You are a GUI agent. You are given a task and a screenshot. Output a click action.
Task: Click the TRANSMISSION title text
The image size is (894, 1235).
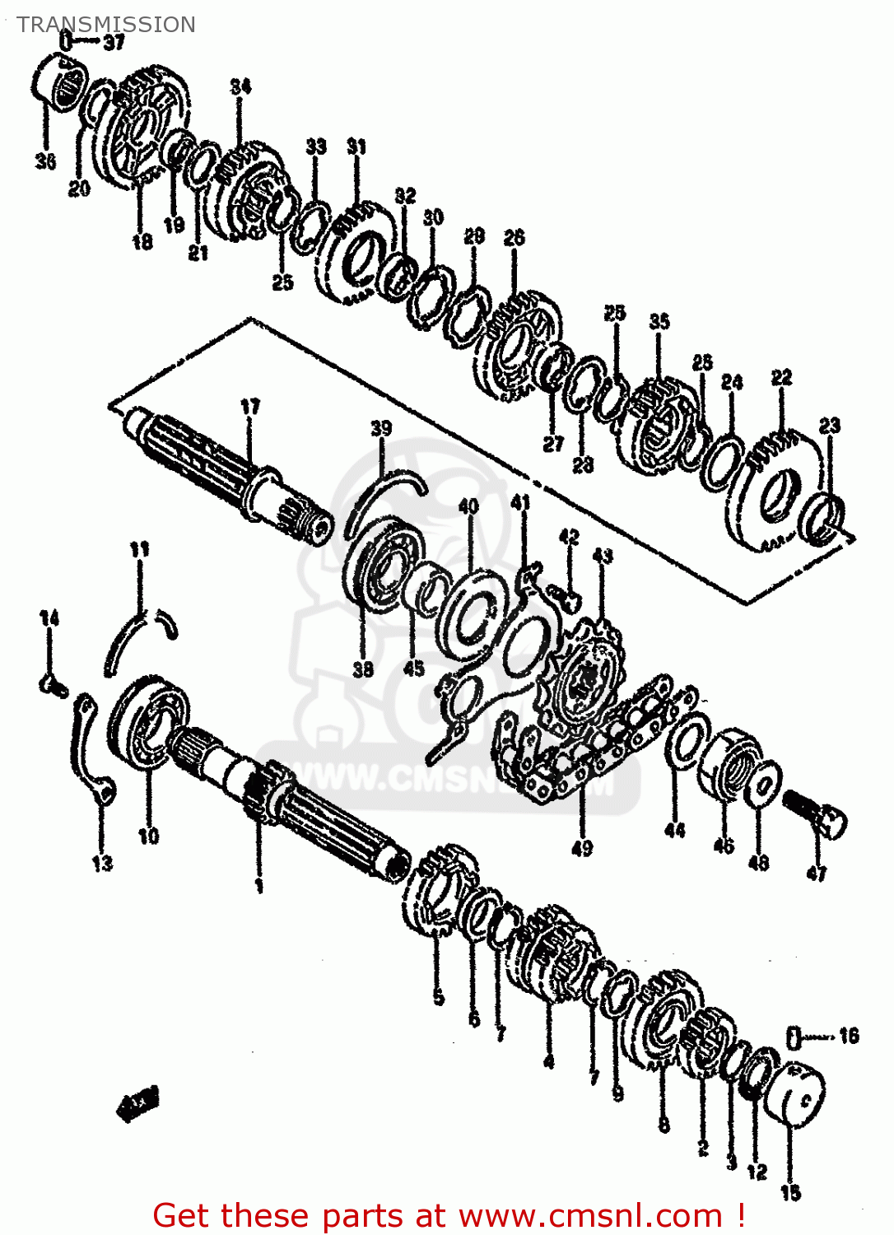click(106, 25)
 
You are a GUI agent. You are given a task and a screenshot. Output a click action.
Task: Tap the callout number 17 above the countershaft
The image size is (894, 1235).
click(250, 407)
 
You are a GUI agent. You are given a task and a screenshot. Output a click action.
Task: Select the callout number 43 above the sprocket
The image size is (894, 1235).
click(603, 557)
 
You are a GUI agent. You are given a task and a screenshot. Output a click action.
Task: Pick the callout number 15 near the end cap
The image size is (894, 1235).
click(790, 1192)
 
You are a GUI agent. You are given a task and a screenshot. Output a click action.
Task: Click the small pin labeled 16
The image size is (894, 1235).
click(794, 1037)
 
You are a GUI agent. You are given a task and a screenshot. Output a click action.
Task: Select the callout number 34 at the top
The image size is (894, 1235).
click(240, 86)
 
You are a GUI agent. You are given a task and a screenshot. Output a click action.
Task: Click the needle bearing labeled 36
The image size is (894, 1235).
click(61, 81)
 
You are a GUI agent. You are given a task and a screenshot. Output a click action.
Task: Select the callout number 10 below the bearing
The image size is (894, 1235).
click(148, 837)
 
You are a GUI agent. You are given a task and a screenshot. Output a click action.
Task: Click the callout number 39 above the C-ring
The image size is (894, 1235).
click(380, 428)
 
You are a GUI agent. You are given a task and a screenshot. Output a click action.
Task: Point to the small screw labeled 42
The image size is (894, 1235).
click(566, 597)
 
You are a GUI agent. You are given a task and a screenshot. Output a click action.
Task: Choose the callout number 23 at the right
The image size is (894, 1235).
click(830, 426)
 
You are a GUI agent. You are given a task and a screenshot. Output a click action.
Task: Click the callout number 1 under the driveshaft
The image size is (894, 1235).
click(258, 886)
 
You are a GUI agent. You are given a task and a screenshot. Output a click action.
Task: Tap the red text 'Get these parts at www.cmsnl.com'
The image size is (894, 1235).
click(449, 1215)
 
